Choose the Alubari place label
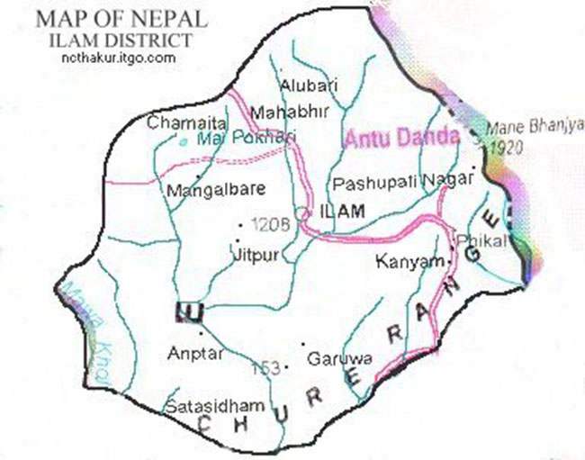(x=308, y=86)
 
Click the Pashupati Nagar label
(x=401, y=183)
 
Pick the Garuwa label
(x=327, y=358)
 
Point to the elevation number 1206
(x=269, y=225)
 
